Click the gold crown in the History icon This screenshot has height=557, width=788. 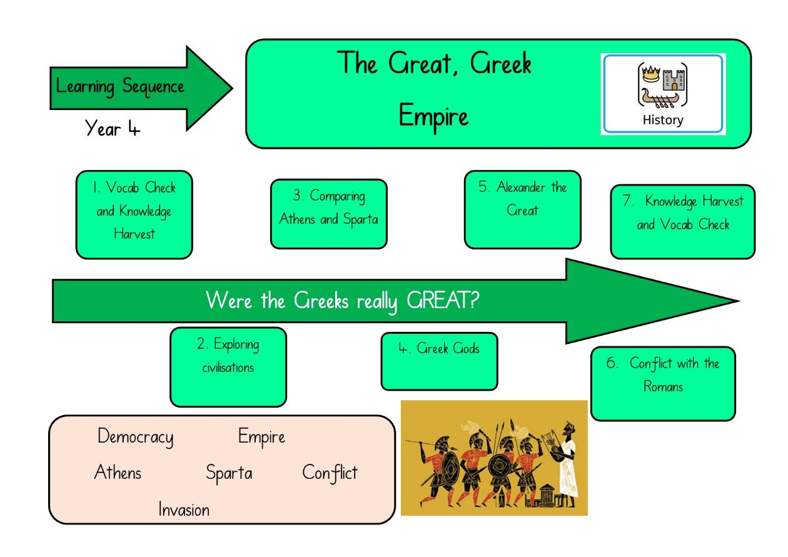651,74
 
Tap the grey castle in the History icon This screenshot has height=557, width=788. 674,80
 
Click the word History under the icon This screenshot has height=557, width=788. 663,120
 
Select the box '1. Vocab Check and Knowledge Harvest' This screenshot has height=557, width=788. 134,215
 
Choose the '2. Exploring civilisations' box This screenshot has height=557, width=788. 228,367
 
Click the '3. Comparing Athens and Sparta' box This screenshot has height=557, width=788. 328,214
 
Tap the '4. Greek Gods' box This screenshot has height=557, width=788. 439,361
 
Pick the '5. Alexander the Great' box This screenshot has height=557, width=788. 522,209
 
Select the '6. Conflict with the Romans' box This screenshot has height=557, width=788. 663,384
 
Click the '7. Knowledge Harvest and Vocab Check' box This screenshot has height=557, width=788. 683,222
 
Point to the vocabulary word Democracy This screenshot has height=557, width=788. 136,437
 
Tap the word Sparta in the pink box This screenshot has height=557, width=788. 229,473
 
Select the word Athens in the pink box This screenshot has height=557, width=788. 118,472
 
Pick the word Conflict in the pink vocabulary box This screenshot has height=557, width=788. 330,472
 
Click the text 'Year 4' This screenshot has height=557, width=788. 113,128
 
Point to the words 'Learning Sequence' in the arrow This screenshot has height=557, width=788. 120,86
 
